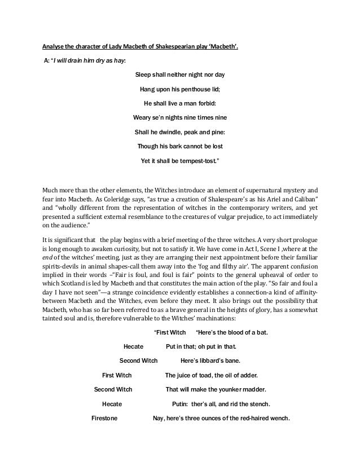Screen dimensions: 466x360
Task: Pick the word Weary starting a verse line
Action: click(x=143, y=118)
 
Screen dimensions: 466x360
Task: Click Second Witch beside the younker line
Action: click(x=113, y=389)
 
